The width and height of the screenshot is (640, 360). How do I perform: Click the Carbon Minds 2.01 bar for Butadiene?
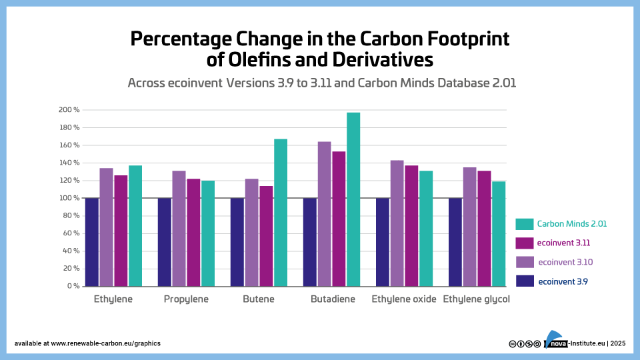pyautogui.click(x=353, y=199)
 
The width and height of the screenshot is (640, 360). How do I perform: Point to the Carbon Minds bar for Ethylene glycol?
pyautogui.click(x=499, y=233)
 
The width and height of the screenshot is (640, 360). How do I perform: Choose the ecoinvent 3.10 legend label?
pyautogui.click(x=563, y=261)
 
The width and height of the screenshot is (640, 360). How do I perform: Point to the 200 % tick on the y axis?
pyautogui.click(x=69, y=109)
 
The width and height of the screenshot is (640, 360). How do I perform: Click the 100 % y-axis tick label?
pyautogui.click(x=69, y=198)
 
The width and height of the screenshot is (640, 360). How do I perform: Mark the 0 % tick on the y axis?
pyautogui.click(x=71, y=286)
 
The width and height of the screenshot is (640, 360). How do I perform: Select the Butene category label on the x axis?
pyautogui.click(x=259, y=299)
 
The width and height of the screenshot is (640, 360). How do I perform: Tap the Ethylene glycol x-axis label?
pyautogui.click(x=476, y=299)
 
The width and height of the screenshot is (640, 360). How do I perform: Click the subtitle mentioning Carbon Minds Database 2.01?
pyautogui.click(x=321, y=83)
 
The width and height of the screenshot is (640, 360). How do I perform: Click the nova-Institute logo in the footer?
pyautogui.click(x=555, y=340)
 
